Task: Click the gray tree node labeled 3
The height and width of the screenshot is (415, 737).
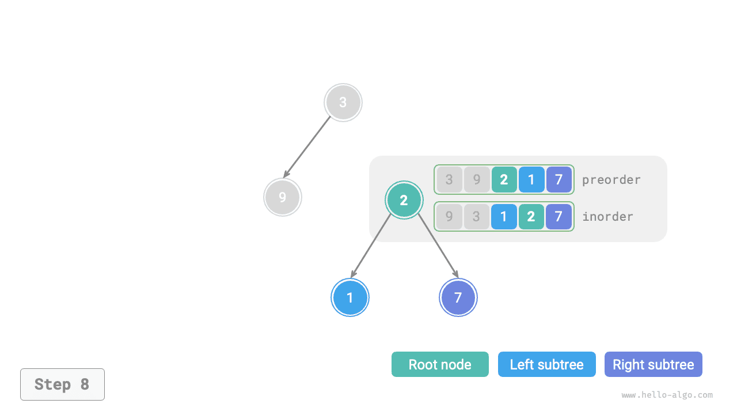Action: click(343, 103)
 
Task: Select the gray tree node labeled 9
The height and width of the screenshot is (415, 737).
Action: click(282, 197)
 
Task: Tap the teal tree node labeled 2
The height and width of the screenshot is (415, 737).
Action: click(404, 200)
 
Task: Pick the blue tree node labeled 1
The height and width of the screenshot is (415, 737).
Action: click(350, 297)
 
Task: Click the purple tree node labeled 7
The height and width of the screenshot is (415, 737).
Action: click(458, 297)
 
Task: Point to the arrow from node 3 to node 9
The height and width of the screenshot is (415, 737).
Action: click(307, 146)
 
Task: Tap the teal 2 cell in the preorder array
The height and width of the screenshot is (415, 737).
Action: click(504, 180)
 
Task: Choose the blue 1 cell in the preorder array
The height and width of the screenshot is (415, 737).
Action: click(531, 180)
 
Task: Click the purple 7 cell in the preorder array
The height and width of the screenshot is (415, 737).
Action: click(559, 180)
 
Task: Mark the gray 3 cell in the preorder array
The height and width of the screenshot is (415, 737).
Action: click(449, 180)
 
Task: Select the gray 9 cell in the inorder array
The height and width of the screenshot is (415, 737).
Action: click(449, 217)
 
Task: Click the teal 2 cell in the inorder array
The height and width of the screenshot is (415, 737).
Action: click(531, 217)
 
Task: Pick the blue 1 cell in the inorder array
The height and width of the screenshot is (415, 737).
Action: click(504, 217)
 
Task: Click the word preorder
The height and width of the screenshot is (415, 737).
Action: click(611, 180)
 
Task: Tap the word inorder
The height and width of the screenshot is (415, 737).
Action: click(607, 217)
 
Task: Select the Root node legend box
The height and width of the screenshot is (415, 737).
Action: click(440, 364)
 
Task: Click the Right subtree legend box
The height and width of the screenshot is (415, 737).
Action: click(653, 364)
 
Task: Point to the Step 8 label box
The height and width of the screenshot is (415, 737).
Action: click(62, 384)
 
